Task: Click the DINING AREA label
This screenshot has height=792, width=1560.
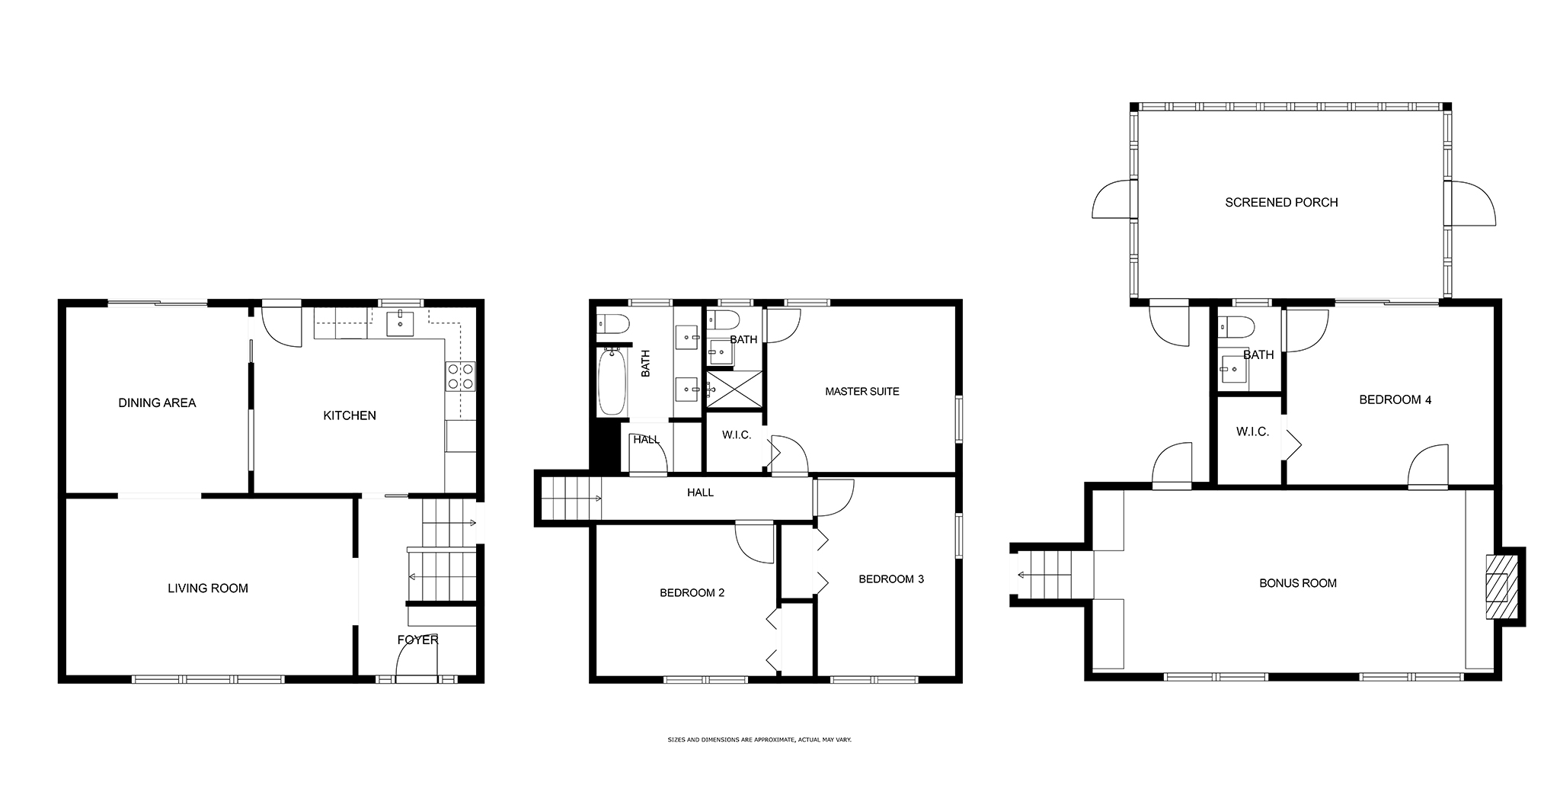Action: click(157, 402)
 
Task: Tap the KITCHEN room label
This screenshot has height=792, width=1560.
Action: click(350, 415)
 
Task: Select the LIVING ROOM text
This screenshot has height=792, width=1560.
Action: click(208, 588)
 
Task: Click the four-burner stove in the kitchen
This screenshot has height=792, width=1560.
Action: click(460, 376)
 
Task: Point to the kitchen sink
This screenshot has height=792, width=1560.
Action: click(400, 323)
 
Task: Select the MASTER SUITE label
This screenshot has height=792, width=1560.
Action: click(862, 391)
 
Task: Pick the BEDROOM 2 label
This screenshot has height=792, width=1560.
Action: click(692, 592)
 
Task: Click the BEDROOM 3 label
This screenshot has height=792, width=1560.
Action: click(891, 579)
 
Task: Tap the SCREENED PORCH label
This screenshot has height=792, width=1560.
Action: click(1281, 202)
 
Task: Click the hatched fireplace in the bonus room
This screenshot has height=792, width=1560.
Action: click(1500, 586)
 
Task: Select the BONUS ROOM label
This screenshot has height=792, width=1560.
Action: click(1298, 583)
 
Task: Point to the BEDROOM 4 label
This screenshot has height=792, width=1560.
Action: click(1395, 399)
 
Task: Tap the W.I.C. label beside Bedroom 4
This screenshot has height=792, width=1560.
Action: click(1252, 431)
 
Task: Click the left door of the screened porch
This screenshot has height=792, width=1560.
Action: click(1114, 200)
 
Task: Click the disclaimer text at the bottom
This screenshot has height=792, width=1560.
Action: click(759, 739)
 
